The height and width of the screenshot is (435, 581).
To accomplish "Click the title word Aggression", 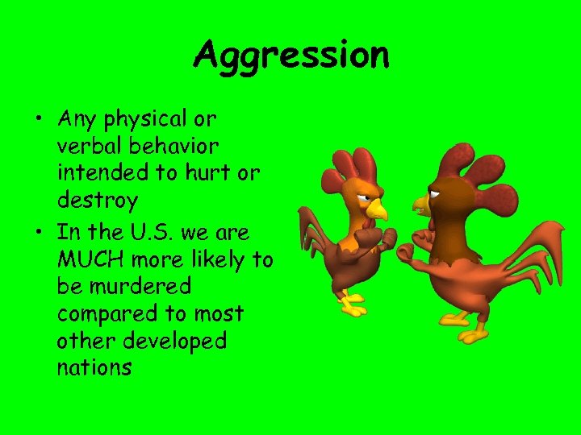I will point(291,56).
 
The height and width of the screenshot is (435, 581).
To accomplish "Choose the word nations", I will point(94,368).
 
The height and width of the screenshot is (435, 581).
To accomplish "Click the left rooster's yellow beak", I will point(377,210).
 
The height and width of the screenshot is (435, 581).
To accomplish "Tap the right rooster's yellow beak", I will point(420,204).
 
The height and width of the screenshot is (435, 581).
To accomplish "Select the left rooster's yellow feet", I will point(353,307).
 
